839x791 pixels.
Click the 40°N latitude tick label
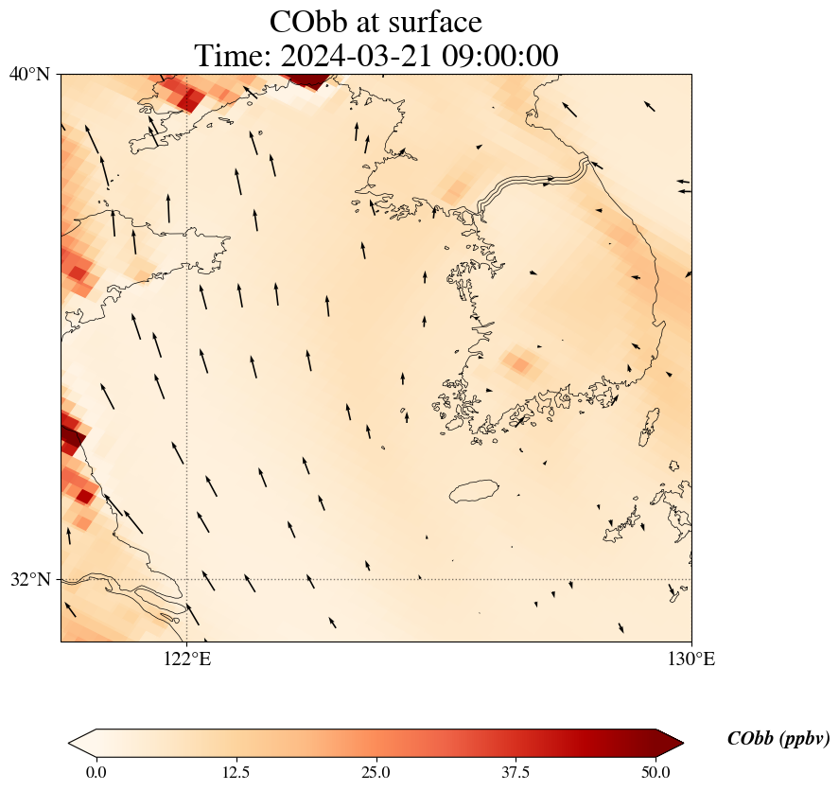(x=29, y=74)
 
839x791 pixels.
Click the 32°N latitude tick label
(x=29, y=579)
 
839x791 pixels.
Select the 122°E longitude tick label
(x=187, y=659)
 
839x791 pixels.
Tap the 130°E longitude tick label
(x=691, y=659)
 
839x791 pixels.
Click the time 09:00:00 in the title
(x=498, y=56)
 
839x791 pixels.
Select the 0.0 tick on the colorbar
(x=96, y=772)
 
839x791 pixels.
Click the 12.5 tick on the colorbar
(x=236, y=772)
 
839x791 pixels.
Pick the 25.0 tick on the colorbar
(x=376, y=772)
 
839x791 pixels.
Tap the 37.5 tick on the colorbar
(x=516, y=772)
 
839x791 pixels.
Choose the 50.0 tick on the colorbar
(x=656, y=772)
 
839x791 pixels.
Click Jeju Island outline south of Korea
(x=480, y=491)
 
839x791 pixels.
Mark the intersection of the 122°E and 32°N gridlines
(x=187, y=579)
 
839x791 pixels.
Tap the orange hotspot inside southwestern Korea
(x=518, y=360)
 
